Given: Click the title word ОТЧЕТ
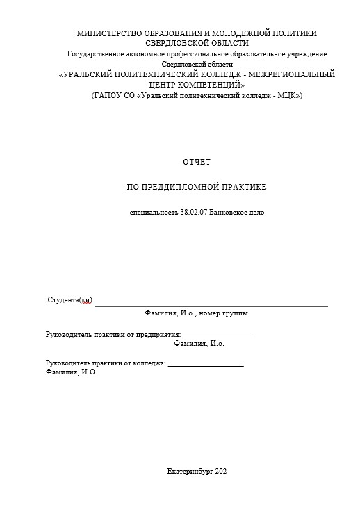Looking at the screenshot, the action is click(x=196, y=162).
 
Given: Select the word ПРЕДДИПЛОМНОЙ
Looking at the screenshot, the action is click(x=184, y=188).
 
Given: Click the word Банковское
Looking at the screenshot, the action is click(x=227, y=212).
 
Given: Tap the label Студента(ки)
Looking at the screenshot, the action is click(x=69, y=300).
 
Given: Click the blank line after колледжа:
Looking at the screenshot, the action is click(x=206, y=365).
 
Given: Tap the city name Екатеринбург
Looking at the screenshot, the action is click(x=191, y=472).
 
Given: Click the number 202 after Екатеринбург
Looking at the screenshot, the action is click(x=222, y=472).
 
